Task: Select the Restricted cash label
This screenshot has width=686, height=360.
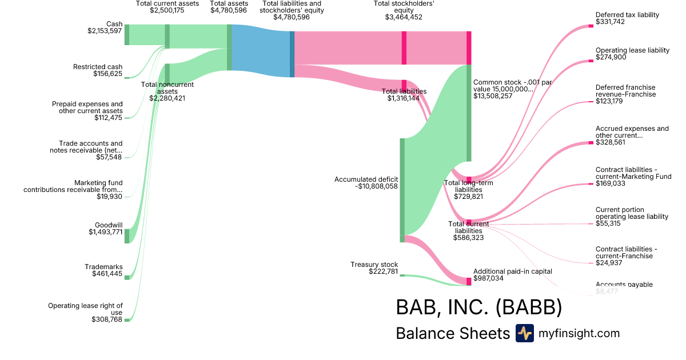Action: coord(98,67)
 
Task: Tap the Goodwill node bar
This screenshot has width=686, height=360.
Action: coord(127,235)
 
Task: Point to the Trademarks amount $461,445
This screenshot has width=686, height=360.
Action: coord(107,274)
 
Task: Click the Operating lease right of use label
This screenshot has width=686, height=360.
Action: coord(85,309)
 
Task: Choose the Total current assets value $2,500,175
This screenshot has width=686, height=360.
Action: coord(167,10)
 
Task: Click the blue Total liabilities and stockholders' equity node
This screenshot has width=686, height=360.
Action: coord(292,54)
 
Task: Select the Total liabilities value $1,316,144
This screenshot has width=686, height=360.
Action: coord(404,98)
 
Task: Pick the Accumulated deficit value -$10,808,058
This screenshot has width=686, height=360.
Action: coord(366,186)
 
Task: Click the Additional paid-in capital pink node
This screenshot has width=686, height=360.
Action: coord(469,281)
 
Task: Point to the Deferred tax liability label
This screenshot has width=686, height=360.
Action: coord(627,15)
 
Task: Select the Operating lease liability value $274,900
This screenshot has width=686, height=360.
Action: coord(610,57)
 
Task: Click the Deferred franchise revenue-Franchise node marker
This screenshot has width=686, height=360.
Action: coord(591,102)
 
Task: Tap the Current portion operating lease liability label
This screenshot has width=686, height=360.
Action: coord(632,213)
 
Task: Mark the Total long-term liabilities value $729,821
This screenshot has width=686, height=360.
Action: coord(469,196)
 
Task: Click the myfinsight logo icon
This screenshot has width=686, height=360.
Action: coord(524,333)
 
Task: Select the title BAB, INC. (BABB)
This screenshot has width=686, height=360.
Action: coord(478,307)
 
